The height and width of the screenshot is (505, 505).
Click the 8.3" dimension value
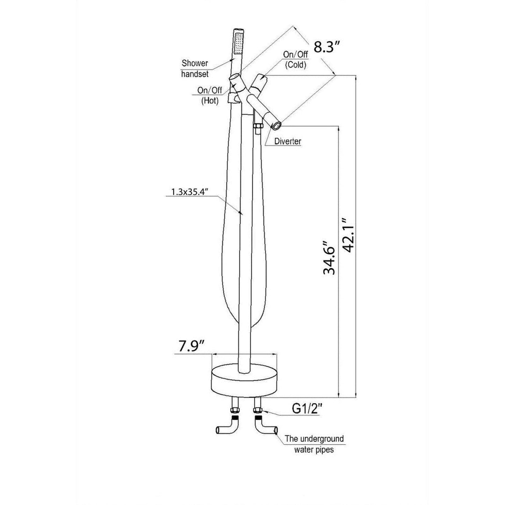pyautogui.click(x=327, y=47)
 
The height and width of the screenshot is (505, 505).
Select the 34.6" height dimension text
pyautogui.click(x=329, y=257)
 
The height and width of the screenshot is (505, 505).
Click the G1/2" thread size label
pyautogui.click(x=307, y=409)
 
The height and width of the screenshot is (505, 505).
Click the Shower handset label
pyautogui.click(x=194, y=68)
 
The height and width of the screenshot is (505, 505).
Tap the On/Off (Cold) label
pyautogui.click(x=295, y=60)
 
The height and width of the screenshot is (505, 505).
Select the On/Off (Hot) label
pyautogui.click(x=209, y=95)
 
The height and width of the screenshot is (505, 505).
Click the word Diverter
pyautogui.click(x=287, y=142)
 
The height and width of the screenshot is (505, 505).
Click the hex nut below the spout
pyautogui.click(x=258, y=126)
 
